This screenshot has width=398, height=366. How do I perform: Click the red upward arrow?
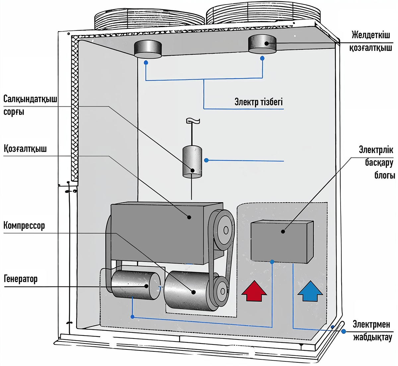[254, 291]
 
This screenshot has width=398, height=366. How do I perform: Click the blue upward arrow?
[310, 291]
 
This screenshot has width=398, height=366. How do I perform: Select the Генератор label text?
[21, 279]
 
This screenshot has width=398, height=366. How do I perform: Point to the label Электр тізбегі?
[259, 102]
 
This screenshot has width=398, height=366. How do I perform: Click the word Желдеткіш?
[371, 35]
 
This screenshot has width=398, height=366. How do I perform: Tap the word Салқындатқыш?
[30, 99]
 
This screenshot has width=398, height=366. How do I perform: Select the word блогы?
[385, 175]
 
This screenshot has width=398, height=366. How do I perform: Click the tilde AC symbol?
[193, 121]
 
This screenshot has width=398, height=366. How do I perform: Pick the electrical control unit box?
[282, 241]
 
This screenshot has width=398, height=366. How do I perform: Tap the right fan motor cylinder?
[262, 44]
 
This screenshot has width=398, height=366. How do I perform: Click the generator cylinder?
[136, 285]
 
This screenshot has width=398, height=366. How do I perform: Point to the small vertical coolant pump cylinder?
[192, 162]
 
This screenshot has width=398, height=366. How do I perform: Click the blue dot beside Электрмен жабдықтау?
[344, 332]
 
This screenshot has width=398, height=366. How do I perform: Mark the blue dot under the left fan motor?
[146, 63]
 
